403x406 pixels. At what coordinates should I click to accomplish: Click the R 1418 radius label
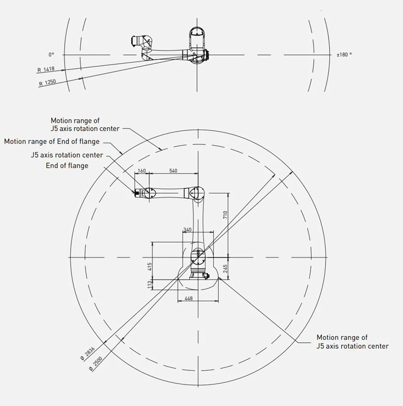[x=46, y=69]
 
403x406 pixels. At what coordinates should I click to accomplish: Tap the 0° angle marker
[x=51, y=55]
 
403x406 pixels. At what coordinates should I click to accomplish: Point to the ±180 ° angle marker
[x=344, y=55]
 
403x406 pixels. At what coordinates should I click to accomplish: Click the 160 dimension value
[x=142, y=171]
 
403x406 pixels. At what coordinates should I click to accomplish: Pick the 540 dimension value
[x=173, y=171]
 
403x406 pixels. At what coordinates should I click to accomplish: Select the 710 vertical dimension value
[x=225, y=215]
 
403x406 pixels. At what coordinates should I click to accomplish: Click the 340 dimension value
[x=188, y=230]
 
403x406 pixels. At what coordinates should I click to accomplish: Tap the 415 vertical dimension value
[x=149, y=267]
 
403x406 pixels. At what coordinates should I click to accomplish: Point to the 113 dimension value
[x=149, y=284]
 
